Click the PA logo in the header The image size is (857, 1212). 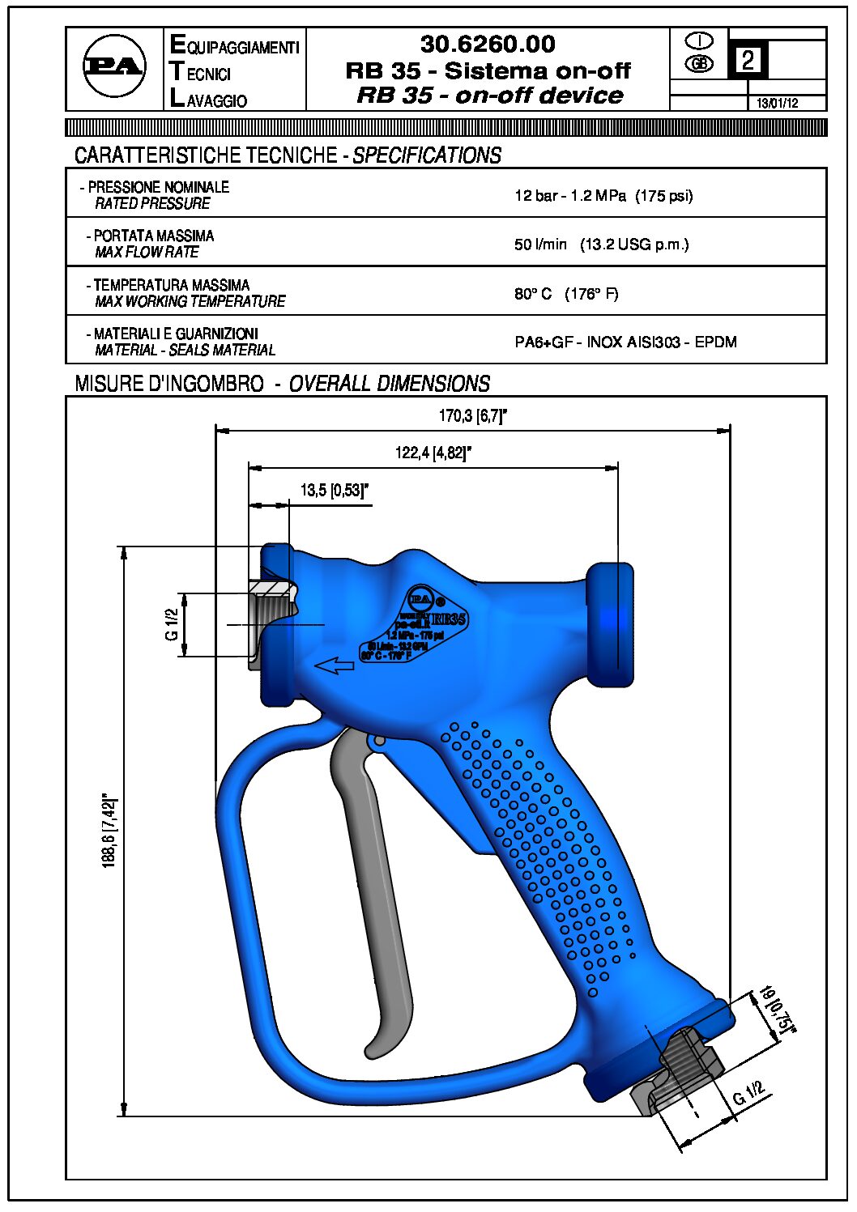pos(114,67)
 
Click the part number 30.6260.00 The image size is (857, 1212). pos(488,44)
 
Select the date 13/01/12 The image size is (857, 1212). pos(777,104)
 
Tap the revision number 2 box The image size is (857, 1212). pos(748,61)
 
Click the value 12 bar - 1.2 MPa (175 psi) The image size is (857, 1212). pos(603,196)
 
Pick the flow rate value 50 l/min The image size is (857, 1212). pos(540,245)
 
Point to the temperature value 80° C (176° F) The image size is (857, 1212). pos(566,294)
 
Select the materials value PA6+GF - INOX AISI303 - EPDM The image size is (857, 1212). pos(625,342)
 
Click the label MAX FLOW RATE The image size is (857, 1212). pos(147,253)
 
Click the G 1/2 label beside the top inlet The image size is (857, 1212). pos(172,624)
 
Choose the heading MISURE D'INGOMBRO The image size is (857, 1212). pos(169,384)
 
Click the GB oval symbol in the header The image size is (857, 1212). pos(699,64)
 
